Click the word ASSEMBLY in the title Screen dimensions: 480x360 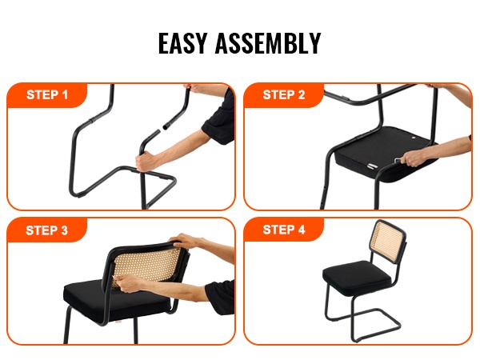(x=268, y=43)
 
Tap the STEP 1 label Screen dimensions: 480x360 (x=47, y=95)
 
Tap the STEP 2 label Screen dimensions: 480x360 (x=284, y=95)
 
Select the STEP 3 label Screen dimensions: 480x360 (x=47, y=230)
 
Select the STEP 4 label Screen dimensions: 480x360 (x=284, y=230)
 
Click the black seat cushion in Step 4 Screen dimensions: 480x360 (x=357, y=277)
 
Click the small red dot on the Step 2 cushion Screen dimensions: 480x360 (x=414, y=138)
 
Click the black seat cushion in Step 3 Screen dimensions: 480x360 (x=116, y=298)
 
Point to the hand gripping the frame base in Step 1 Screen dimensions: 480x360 (x=147, y=161)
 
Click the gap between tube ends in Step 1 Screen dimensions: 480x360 (x=162, y=129)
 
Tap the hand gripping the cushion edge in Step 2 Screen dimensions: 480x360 (x=414, y=158)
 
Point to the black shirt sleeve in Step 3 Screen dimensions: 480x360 (x=220, y=297)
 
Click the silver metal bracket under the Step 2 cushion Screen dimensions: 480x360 (x=373, y=166)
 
